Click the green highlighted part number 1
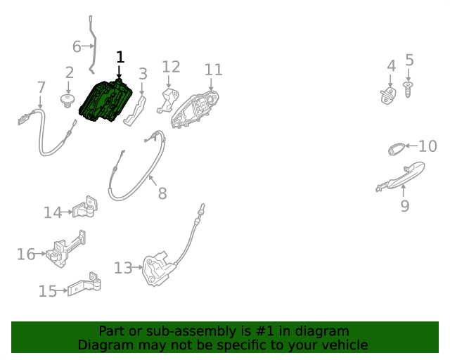[x=105, y=101]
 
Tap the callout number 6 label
[x=77, y=46]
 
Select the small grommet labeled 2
[x=67, y=101]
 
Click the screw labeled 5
[x=408, y=90]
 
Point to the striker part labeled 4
[x=388, y=96]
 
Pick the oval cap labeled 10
[x=395, y=148]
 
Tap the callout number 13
[x=123, y=268]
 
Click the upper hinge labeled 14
[x=85, y=208]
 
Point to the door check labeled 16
[x=67, y=250]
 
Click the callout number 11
[x=213, y=70]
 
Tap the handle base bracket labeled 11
[x=195, y=110]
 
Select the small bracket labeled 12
[x=168, y=101]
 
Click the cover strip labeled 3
[x=134, y=111]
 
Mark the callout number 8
[x=162, y=193]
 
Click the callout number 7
[x=41, y=87]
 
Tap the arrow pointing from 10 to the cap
[x=411, y=146]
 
